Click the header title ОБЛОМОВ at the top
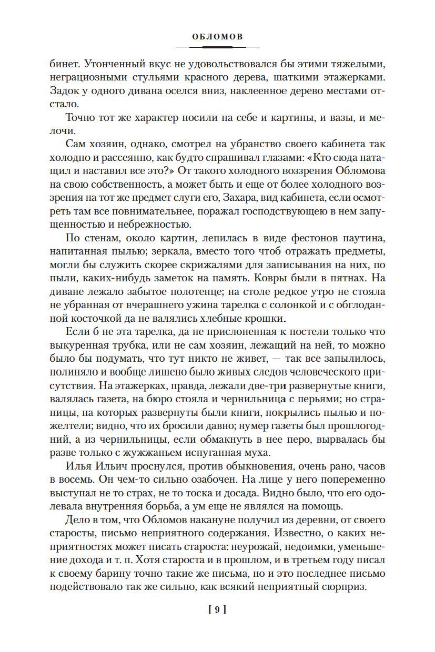point(217,37)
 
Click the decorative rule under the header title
point(217,48)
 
